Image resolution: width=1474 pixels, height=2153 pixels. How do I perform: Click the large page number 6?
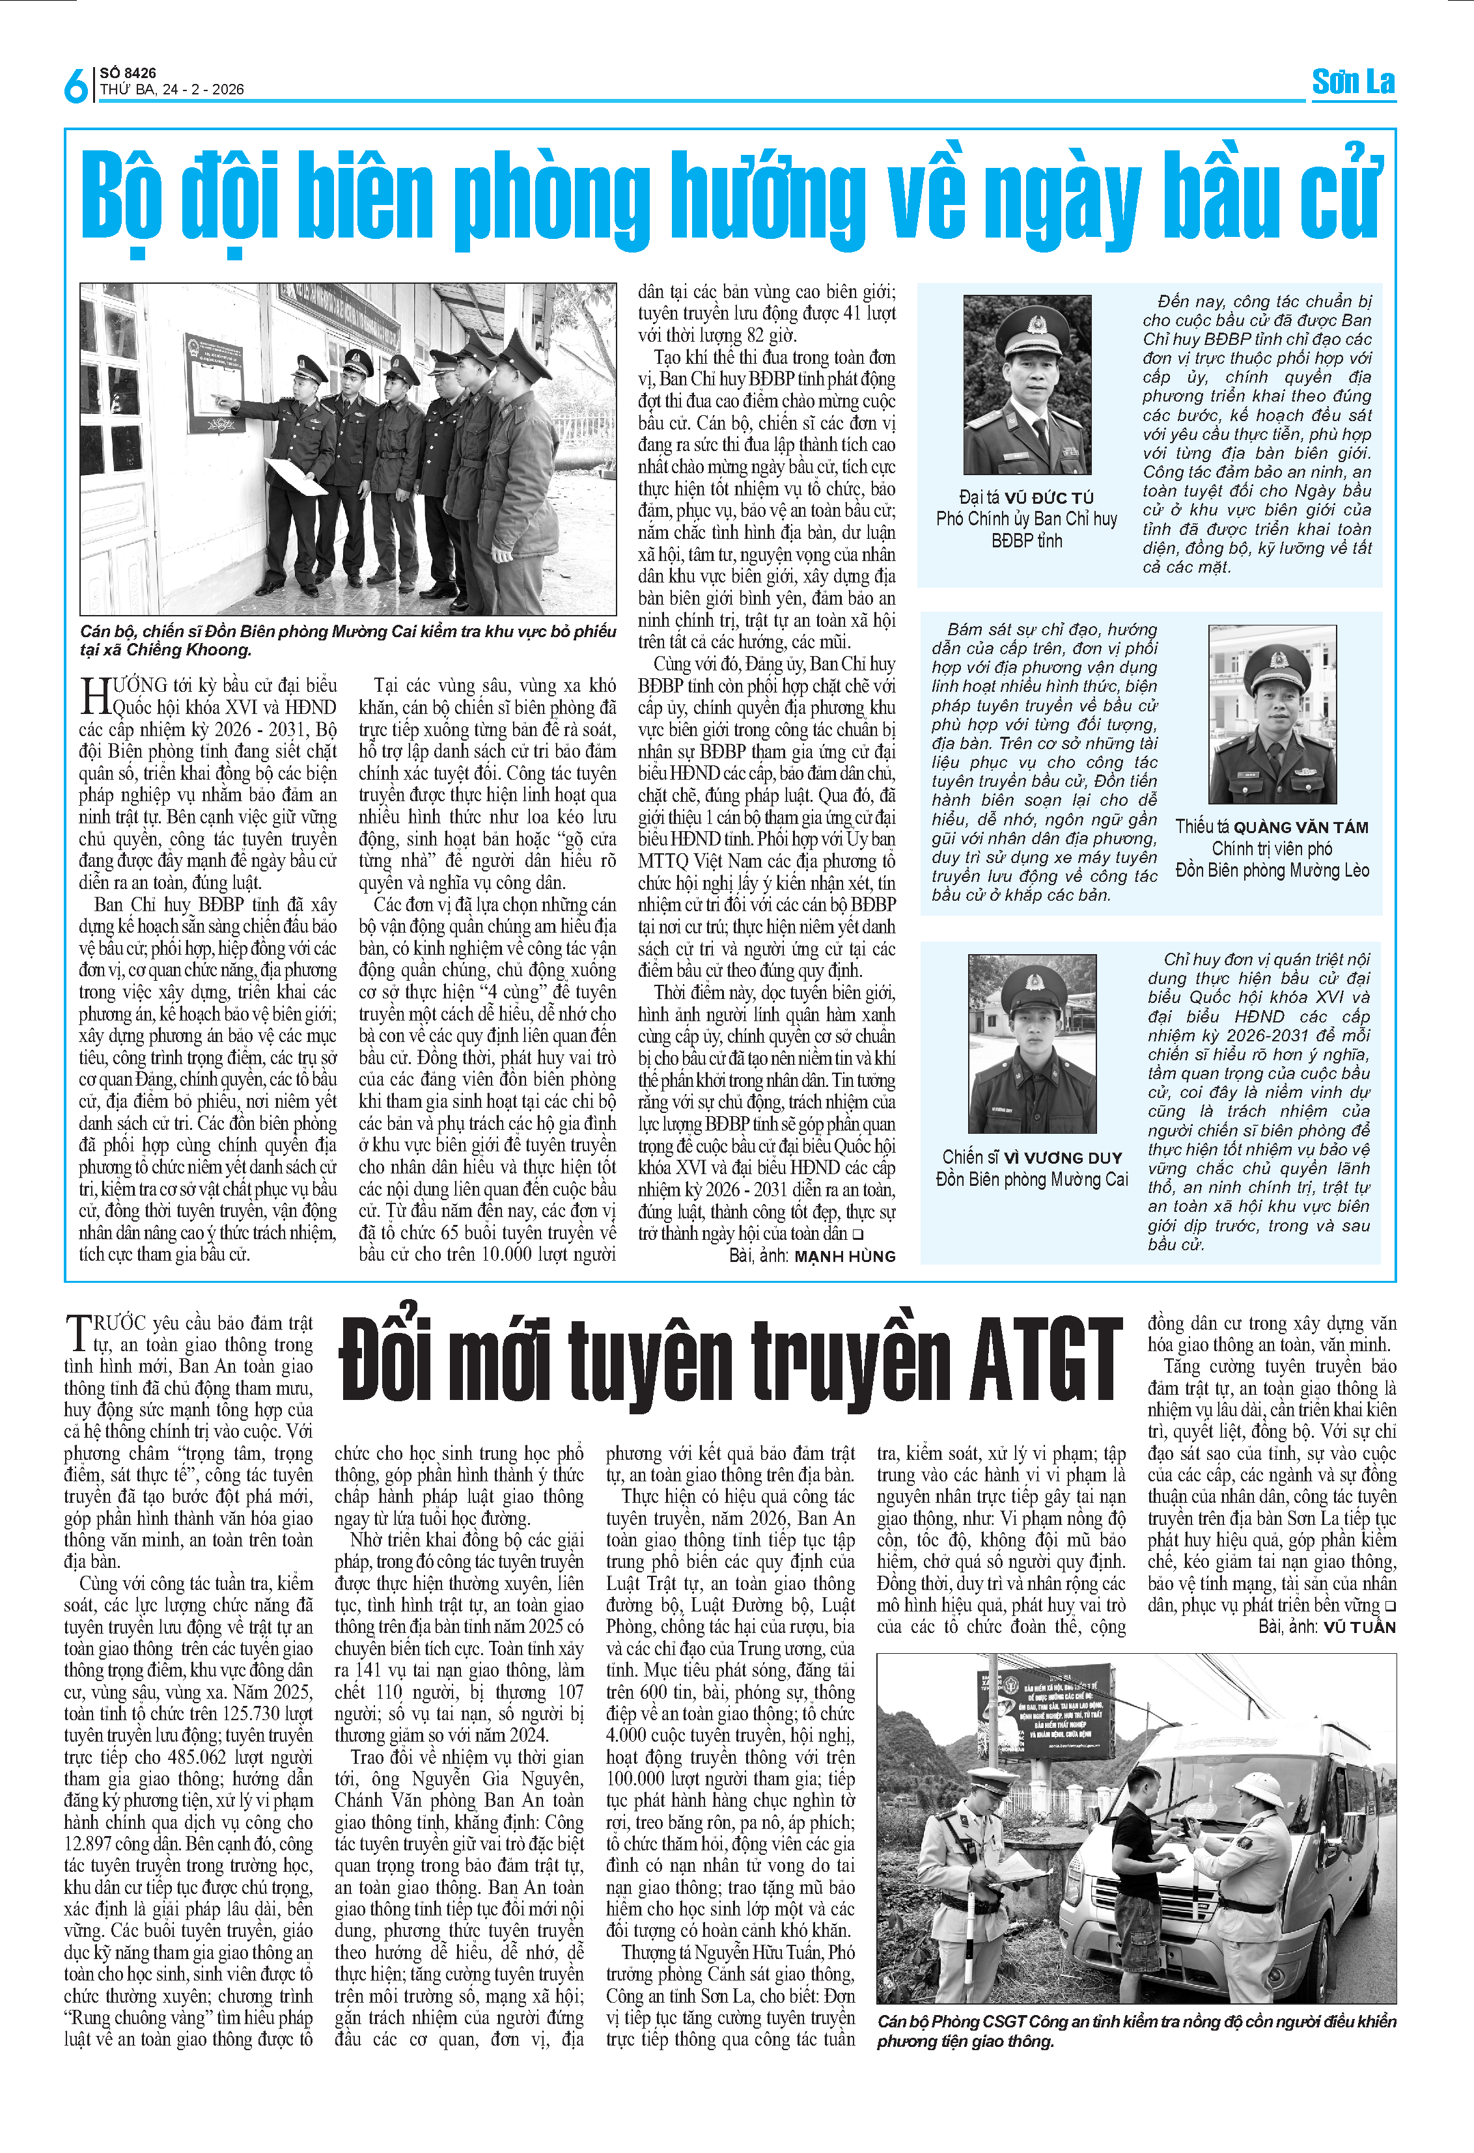tap(76, 85)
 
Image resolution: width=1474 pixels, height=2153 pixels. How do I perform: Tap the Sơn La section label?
tap(1353, 83)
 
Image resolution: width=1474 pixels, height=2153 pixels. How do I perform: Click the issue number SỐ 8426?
tap(128, 73)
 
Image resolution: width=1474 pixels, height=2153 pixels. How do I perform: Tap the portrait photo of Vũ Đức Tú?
tap(1027, 385)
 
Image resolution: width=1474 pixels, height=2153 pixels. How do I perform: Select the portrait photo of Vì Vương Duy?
tap(1031, 1043)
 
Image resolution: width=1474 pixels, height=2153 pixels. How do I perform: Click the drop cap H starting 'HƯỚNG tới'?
tap(96, 695)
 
